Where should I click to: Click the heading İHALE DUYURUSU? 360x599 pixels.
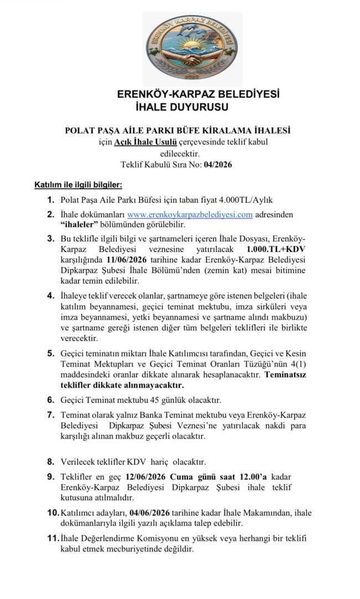pyautogui.click(x=182, y=106)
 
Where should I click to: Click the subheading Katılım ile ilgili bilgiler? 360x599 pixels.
pyautogui.click(x=78, y=185)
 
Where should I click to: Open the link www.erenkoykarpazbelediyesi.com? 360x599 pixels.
pyautogui.click(x=190, y=214)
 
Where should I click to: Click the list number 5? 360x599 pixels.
pyautogui.click(x=50, y=352)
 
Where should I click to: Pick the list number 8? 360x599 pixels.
pyautogui.click(x=50, y=461)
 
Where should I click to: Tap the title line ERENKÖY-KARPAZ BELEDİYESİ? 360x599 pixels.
pyautogui.click(x=198, y=94)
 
